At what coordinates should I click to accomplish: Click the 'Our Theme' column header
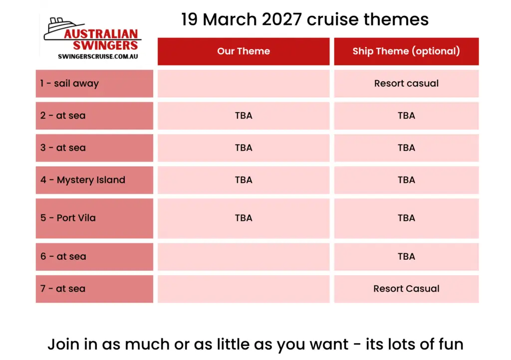tap(244, 51)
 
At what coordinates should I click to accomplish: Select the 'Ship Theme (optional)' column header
tap(406, 51)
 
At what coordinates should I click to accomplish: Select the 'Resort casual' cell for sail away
tap(406, 83)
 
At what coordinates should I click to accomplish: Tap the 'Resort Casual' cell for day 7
tap(406, 289)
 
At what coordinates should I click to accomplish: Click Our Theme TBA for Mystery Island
tap(244, 180)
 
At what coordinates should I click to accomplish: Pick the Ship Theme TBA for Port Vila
tap(406, 218)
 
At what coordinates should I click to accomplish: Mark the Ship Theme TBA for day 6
tap(406, 256)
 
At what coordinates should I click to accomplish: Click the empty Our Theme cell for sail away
tap(244, 83)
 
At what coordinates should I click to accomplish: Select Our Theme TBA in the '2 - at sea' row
tap(244, 116)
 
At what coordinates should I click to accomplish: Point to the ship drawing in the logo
tap(62, 28)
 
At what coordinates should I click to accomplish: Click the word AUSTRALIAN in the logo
tap(101, 34)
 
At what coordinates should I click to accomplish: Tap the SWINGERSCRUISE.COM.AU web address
tap(98, 56)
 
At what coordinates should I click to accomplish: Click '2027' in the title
tap(281, 19)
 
